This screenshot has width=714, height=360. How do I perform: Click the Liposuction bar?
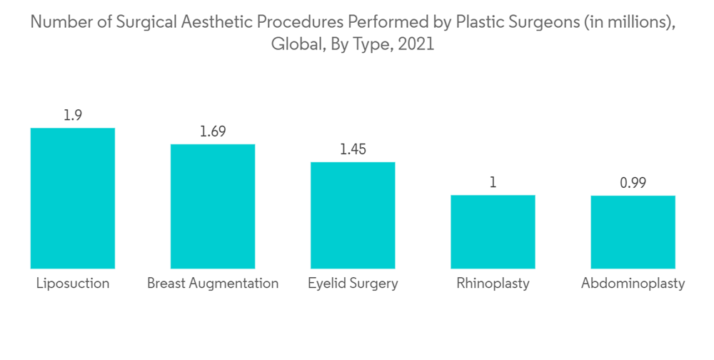coord(72,198)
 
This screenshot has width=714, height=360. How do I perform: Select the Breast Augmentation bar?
coord(212,206)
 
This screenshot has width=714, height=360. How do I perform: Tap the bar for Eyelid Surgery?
coord(352,215)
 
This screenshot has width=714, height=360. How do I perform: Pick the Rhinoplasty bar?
coord(493,231)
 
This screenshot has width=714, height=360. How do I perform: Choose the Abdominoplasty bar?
coord(633,232)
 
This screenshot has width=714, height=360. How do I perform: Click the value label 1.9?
coord(72,115)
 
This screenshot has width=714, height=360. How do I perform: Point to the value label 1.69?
coord(212,131)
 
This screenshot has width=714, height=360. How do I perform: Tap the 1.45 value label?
coord(352,149)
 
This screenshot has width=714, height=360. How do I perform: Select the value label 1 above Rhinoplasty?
coord(493,183)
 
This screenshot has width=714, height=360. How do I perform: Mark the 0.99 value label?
coord(633,184)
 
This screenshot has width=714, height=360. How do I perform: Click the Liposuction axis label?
coord(73,284)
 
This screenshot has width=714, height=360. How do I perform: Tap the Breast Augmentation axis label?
coord(213,284)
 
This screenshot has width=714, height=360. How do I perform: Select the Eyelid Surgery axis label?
coord(353,284)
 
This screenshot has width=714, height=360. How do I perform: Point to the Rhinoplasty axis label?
coord(493,284)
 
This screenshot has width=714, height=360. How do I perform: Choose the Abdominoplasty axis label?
coord(633,284)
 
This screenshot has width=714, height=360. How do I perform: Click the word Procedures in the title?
coord(301,23)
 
